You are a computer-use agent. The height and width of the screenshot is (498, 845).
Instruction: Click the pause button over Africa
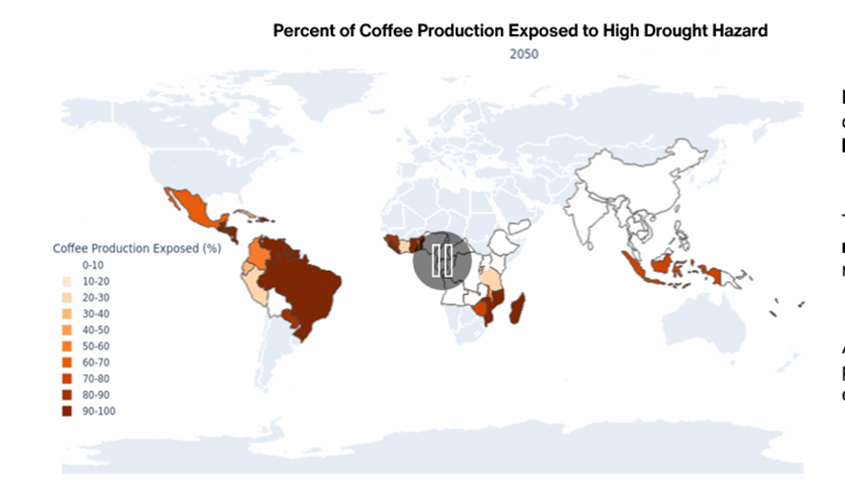click(x=442, y=259)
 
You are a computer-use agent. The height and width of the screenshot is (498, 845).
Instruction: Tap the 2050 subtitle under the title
click(x=523, y=53)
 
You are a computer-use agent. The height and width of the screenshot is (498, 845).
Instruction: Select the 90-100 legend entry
click(x=98, y=411)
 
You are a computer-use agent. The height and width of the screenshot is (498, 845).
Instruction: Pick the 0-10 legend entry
click(x=93, y=264)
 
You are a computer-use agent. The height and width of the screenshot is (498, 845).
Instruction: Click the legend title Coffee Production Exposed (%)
click(x=135, y=248)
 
